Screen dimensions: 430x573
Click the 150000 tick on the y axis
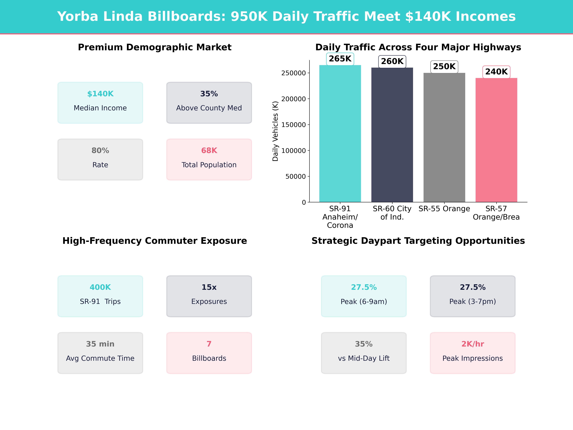[294, 125]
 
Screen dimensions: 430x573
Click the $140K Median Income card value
[100, 94]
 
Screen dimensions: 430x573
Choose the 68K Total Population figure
[209, 151]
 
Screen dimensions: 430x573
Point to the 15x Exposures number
[209, 287]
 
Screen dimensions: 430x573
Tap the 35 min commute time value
[100, 344]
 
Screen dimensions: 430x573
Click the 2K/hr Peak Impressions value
[472, 344]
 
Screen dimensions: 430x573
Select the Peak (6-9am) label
[364, 301]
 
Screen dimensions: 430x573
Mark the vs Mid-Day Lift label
[364, 358]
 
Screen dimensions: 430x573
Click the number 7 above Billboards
[209, 344]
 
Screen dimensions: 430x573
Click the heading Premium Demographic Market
[155, 47]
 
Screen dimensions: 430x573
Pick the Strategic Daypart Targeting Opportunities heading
[418, 241]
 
